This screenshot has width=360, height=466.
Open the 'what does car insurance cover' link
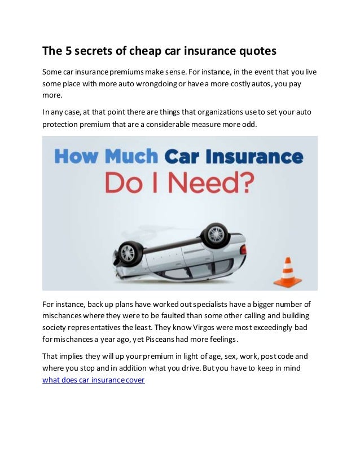pyautogui.click(x=94, y=380)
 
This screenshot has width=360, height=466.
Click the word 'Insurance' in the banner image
pyautogui.click(x=257, y=156)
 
